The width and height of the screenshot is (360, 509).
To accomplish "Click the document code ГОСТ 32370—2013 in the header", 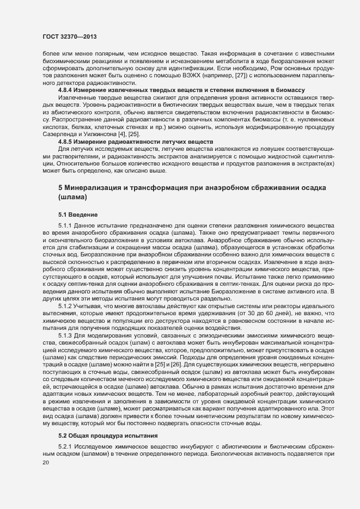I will coord(67,36).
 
